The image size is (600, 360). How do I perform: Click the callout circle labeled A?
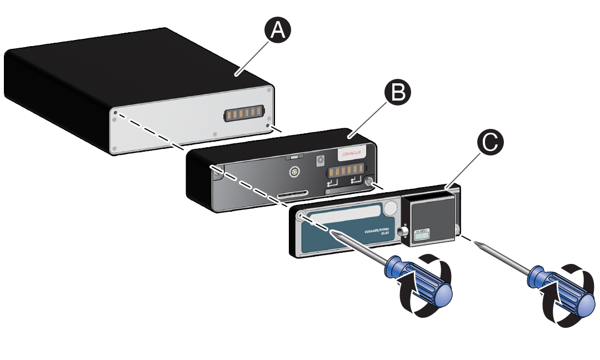coord(278,29)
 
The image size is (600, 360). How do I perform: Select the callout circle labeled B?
coord(398,93)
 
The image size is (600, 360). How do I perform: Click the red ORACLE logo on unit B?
coord(352,153)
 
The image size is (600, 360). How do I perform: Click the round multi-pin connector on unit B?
coord(293,172)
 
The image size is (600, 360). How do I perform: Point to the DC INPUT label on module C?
coord(424,235)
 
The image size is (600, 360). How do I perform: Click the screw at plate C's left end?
coord(301,216)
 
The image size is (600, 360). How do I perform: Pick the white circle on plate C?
coord(392,208)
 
